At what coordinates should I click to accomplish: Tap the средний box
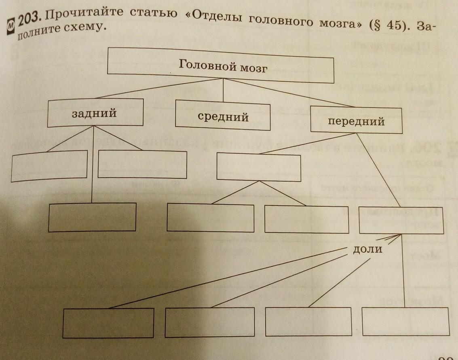[223, 115]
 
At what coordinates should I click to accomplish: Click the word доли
[367, 249]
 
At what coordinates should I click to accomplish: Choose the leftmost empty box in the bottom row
[108, 323]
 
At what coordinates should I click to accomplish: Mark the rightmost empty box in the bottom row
[405, 321]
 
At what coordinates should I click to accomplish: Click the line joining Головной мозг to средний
[224, 89]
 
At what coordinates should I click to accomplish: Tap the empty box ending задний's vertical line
[92, 217]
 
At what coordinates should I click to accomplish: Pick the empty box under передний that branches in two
[259, 166]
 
